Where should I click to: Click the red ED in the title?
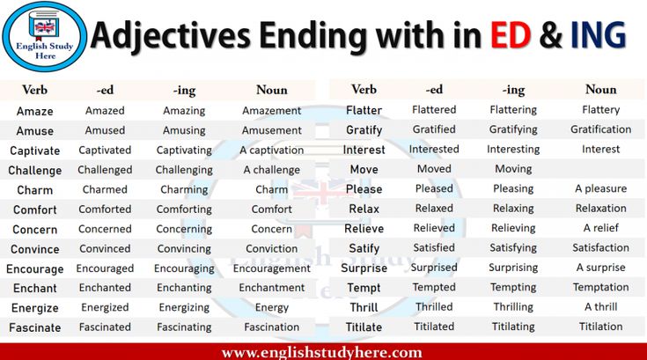coord(511,34)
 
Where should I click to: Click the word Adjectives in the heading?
coord(171,37)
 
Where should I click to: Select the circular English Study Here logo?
coord(45,36)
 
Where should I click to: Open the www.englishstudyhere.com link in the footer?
coord(322,353)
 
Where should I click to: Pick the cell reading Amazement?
coord(271,111)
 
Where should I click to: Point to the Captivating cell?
coord(184,151)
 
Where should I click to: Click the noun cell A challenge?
coord(271,170)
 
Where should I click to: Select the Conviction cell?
coord(271,249)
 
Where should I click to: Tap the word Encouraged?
coord(105,268)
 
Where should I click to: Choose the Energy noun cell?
coord(271,308)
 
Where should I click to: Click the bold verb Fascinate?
coord(34,327)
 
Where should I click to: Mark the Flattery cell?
coord(600,110)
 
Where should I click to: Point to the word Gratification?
coord(600,129)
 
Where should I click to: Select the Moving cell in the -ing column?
coord(513,169)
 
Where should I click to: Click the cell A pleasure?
coord(600,189)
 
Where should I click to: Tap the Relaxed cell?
coord(434,209)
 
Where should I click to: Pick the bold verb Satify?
coord(364,248)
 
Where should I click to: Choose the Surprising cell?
coord(513,268)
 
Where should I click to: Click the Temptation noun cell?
coord(600,288)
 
